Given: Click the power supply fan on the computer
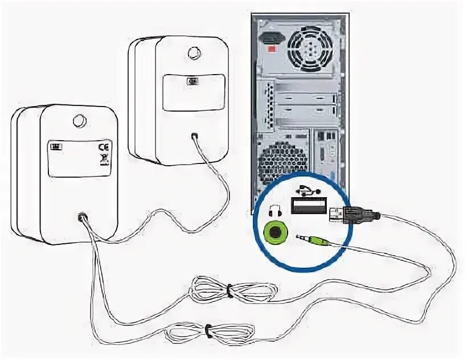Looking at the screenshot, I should pyautogui.click(x=310, y=48).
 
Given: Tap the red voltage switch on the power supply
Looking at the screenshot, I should pyautogui.click(x=272, y=50).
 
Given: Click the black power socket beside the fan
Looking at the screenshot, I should pyautogui.click(x=271, y=38).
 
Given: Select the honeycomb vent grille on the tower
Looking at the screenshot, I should pyautogui.click(x=281, y=162).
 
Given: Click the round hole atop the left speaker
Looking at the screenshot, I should pyautogui.click(x=79, y=121).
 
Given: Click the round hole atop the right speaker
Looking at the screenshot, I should pyautogui.click(x=194, y=53).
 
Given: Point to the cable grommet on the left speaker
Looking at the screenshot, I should pyautogui.click(x=83, y=217).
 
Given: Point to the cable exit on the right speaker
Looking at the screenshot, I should pyautogui.click(x=195, y=136).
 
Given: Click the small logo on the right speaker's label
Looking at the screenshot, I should pyautogui.click(x=193, y=81).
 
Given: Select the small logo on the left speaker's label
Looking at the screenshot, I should pyautogui.click(x=56, y=146).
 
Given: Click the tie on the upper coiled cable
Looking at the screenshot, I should pyautogui.click(x=228, y=291).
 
